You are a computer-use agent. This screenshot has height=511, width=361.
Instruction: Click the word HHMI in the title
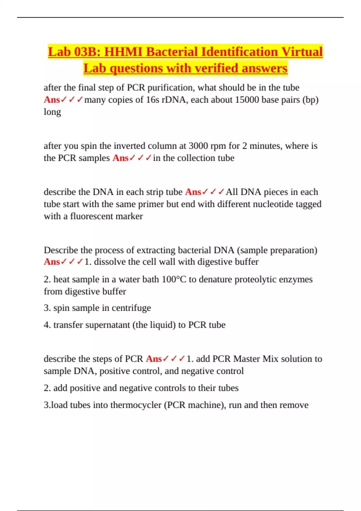click(x=123, y=52)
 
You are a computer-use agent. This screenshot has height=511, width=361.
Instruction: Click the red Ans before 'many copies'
click(x=52, y=100)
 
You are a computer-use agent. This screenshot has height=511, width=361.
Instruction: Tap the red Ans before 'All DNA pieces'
click(x=193, y=192)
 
